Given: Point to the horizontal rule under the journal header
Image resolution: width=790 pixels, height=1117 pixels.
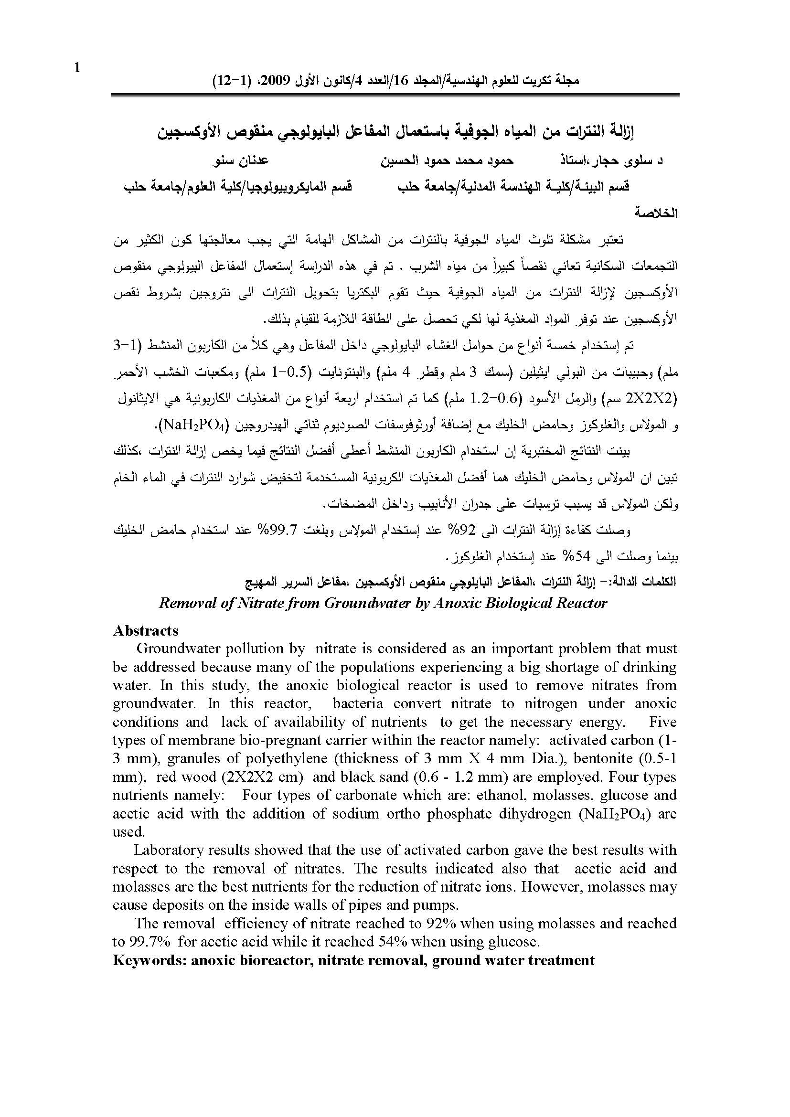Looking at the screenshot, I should (x=395, y=96).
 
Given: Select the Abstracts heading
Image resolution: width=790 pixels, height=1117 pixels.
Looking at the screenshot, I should (x=146, y=631).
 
